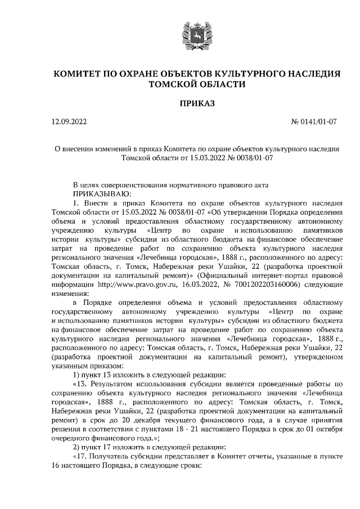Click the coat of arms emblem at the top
[196, 35]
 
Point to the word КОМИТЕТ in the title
[79, 74]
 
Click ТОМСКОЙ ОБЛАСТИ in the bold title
[196, 84]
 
